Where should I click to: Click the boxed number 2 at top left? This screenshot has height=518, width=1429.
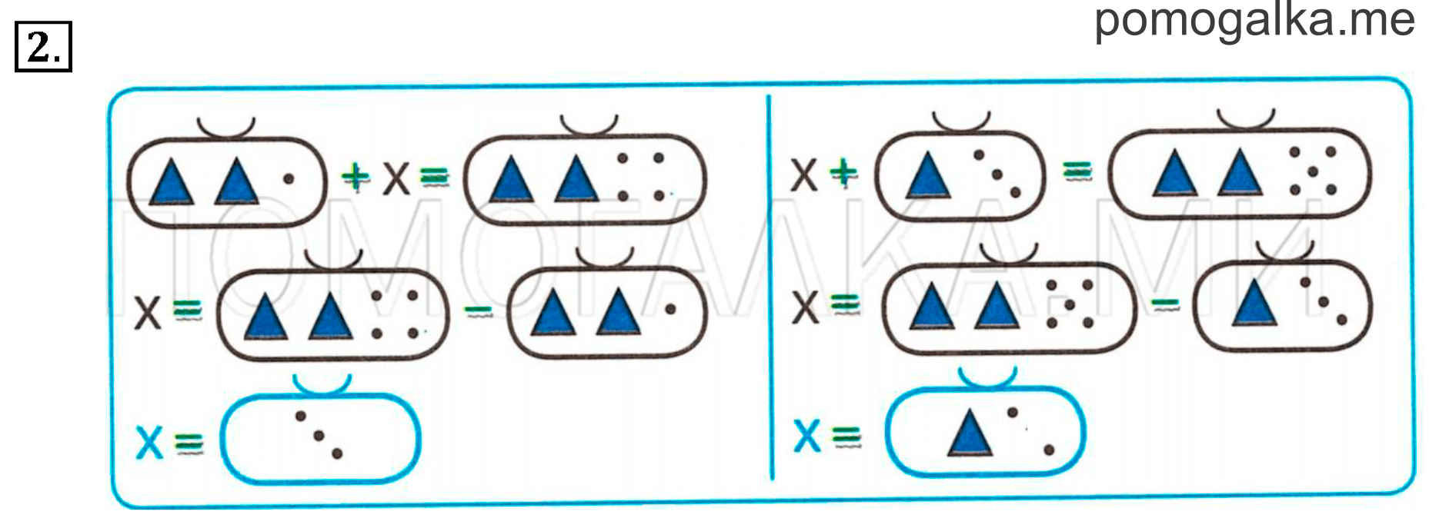[43, 47]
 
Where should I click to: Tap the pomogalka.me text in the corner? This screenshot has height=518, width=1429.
[1254, 21]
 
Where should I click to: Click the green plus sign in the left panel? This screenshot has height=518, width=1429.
[355, 177]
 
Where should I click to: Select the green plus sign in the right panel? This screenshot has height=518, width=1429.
[844, 172]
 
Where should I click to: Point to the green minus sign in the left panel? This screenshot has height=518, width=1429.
[478, 310]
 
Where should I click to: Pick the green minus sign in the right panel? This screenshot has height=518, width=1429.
[1165, 304]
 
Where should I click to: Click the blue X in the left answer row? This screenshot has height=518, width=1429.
[149, 442]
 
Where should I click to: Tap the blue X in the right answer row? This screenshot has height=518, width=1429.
[806, 436]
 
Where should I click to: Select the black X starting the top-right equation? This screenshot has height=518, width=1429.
[803, 174]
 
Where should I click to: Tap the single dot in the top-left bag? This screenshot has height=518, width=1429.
[289, 179]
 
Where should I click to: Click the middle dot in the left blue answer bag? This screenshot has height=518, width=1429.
[319, 436]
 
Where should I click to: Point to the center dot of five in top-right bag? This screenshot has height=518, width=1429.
[1313, 171]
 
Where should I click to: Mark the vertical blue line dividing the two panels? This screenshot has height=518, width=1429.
[770, 287]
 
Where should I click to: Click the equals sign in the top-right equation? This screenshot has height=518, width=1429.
[1077, 171]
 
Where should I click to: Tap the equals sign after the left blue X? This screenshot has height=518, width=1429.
[189, 443]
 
